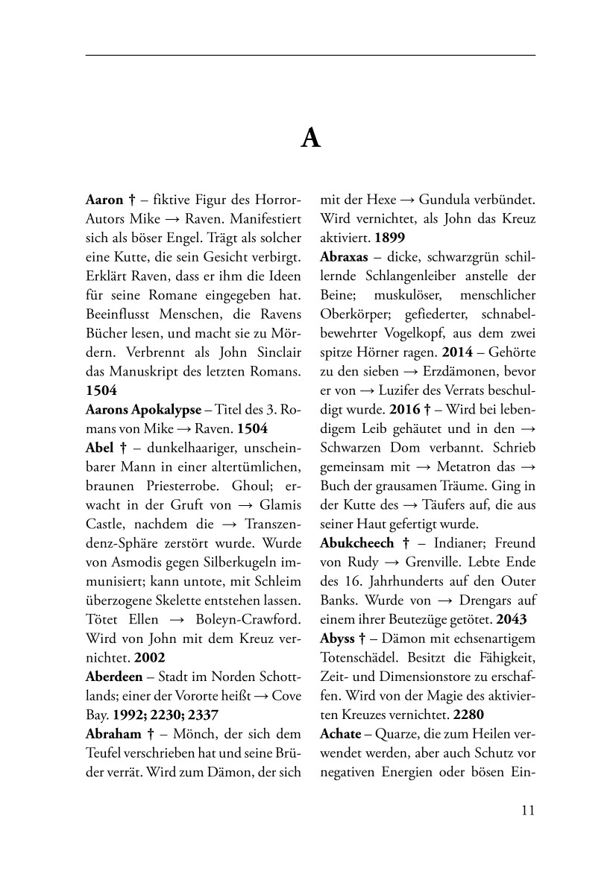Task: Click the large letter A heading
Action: click(311, 139)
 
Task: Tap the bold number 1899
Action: click(389, 235)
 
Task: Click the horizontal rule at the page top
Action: click(311, 55)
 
